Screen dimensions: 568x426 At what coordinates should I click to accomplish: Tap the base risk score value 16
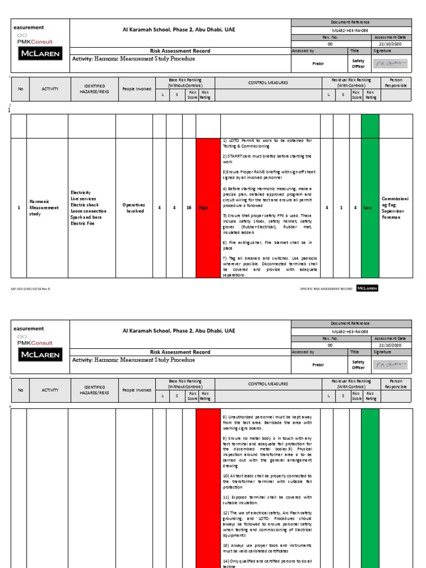[189, 207]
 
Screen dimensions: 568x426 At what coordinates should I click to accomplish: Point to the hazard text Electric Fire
[83, 223]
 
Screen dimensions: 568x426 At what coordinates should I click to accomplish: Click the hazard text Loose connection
[89, 211]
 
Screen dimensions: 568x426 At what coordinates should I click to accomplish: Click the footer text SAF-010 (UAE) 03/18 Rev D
[31, 288]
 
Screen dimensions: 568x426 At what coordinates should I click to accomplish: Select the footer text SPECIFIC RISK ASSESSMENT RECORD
[326, 288]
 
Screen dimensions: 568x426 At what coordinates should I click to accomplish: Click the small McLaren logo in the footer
[367, 288]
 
